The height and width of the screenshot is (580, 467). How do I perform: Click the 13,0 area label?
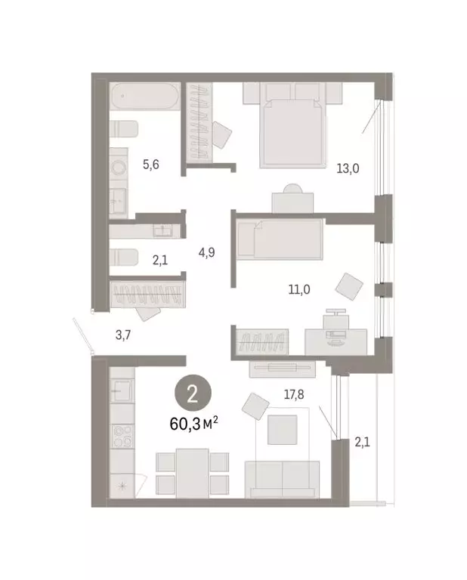[x=347, y=168]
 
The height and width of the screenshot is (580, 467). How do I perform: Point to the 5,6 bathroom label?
[x=150, y=165]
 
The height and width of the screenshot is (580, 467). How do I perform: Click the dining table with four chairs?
[x=192, y=471]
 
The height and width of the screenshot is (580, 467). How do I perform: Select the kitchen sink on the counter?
[x=121, y=390]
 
